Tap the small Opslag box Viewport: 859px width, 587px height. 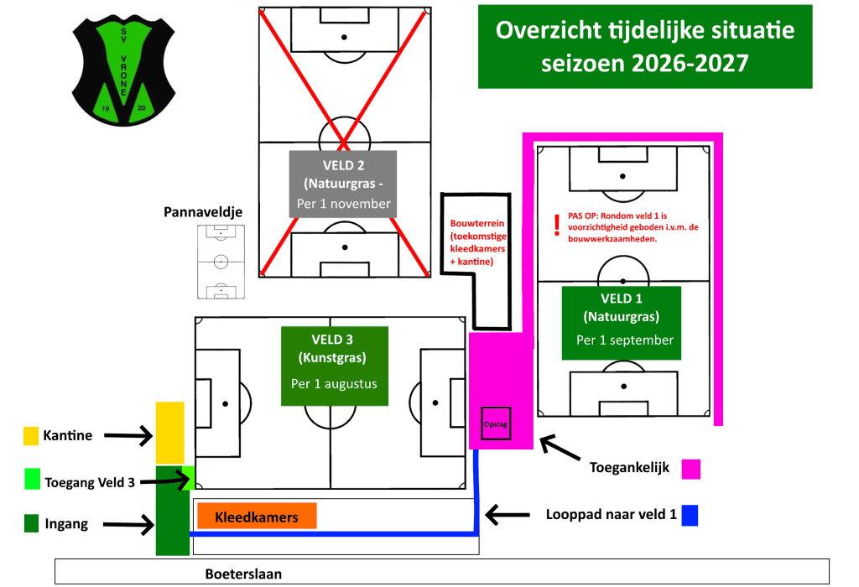point(496,423)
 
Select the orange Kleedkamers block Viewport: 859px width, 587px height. point(257,516)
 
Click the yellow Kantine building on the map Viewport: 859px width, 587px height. point(169,433)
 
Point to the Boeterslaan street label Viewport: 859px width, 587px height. point(244,574)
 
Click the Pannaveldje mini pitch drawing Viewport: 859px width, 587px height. point(221,262)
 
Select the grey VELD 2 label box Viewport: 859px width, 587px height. point(343,184)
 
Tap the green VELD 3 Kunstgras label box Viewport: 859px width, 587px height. point(335,366)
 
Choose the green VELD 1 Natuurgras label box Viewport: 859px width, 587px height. point(622,323)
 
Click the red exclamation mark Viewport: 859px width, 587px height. point(557,225)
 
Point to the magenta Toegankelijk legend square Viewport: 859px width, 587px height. point(691,470)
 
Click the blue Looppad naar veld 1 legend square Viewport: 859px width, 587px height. point(690,515)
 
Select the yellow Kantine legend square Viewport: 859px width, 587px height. point(31,436)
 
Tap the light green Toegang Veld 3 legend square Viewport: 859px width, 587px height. point(33,479)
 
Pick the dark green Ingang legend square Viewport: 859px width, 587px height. point(32,523)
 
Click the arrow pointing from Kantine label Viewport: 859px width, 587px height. point(128,436)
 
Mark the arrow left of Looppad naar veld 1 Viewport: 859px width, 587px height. point(508,515)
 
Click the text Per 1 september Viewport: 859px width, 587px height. point(624,340)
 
